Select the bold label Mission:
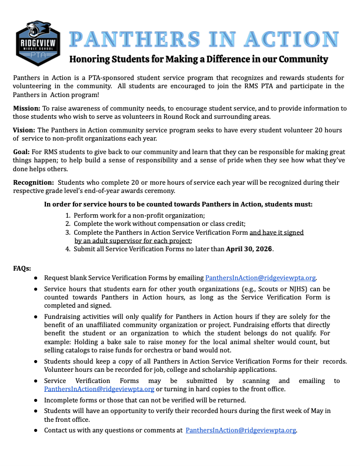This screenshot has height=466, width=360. pos(26,108)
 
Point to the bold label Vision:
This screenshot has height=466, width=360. pos(24,129)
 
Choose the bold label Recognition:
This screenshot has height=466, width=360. pos(34,183)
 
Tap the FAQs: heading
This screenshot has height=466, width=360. pos(22,268)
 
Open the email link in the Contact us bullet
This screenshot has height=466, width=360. pos(241,430)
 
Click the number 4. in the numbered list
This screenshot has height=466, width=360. pos(68,249)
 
